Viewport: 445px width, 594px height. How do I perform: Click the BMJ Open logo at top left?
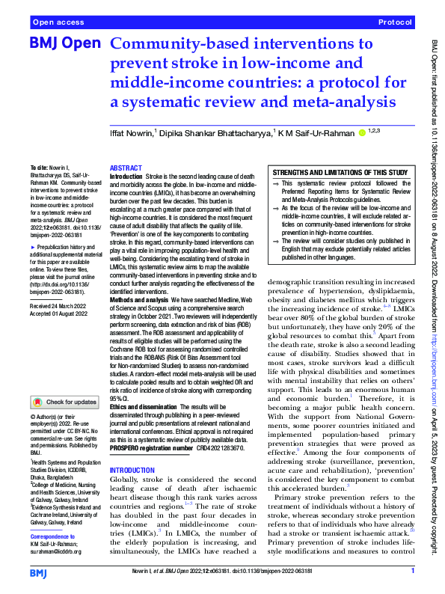pyautogui.click(x=64, y=45)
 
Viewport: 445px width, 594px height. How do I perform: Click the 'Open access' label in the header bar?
pyautogui.click(x=57, y=23)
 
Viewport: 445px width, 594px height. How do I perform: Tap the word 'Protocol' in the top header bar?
pyautogui.click(x=396, y=23)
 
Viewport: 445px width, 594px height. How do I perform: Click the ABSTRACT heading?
pyautogui.click(x=125, y=169)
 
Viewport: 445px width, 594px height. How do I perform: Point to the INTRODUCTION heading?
pyautogui.click(x=132, y=471)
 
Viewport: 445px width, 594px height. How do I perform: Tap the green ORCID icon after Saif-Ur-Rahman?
pyautogui.click(x=363, y=132)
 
